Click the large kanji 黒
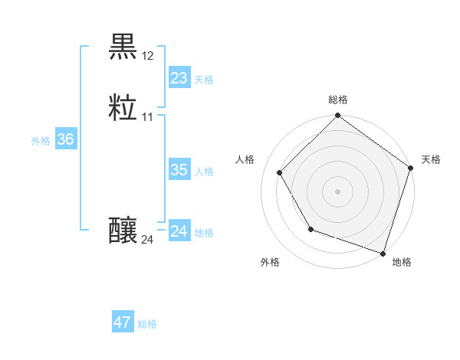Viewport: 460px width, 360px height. (123, 47)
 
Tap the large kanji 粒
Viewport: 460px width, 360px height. (123, 108)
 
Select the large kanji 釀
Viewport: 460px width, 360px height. (123, 230)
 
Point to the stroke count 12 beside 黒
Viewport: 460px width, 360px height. (148, 56)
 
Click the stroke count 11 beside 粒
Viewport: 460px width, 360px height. (148, 117)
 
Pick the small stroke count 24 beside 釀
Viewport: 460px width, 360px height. (148, 240)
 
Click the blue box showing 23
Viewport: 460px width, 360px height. (179, 78)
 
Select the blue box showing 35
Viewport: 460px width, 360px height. (179, 170)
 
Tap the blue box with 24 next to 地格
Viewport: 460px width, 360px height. (179, 231)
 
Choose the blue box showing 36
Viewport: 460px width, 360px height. (65, 139)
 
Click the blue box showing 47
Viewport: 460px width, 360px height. (123, 322)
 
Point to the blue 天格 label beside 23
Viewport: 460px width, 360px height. (204, 80)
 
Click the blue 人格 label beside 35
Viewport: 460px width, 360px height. (204, 172)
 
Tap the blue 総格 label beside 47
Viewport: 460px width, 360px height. (147, 324)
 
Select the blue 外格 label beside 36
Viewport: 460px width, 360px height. (41, 141)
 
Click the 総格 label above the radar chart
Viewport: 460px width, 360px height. (337, 100)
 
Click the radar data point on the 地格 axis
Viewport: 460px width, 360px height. (383, 252)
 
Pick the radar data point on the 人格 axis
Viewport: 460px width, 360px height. (280, 172)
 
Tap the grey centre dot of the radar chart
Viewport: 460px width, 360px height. (337, 191)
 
